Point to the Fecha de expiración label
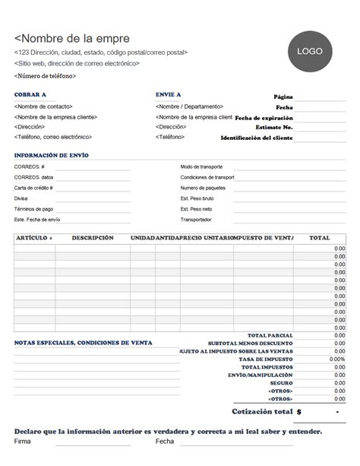click(264, 118)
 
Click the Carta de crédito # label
click(33, 187)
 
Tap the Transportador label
click(196, 219)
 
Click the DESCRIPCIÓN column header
click(93, 238)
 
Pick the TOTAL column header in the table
click(320, 238)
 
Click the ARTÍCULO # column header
click(34, 238)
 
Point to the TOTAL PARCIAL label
click(270, 335)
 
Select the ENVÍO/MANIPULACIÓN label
click(260, 375)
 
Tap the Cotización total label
click(261, 411)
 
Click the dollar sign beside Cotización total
click(299, 411)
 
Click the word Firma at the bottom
click(23, 441)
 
